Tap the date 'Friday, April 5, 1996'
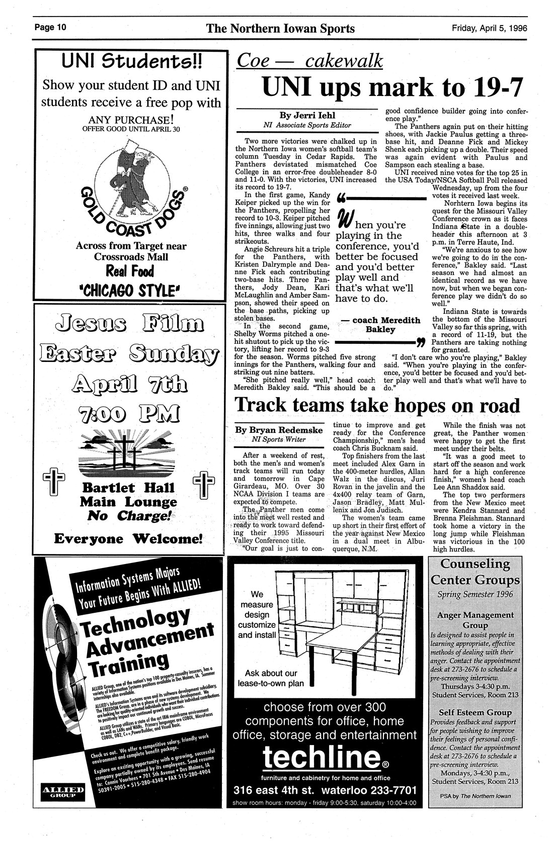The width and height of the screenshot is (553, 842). tap(489, 28)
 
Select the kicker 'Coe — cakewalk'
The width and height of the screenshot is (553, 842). tap(309, 61)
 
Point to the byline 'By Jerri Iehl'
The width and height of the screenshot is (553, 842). tap(307, 115)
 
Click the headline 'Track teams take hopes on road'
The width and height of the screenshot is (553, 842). tap(378, 405)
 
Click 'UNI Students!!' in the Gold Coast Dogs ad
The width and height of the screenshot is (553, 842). tap(131, 63)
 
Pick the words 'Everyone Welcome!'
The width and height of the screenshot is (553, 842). tap(128, 539)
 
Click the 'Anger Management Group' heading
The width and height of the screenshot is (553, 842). tap(475, 619)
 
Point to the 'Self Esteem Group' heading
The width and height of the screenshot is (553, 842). tap(475, 712)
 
